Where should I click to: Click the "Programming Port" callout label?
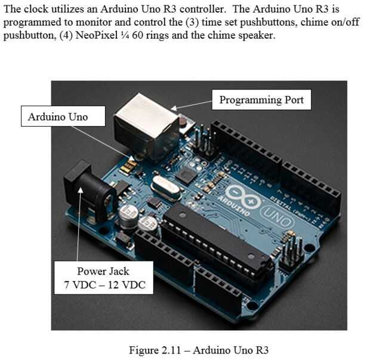point(261,100)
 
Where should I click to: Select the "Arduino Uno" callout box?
point(58,116)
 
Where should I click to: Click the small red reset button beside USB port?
point(182,123)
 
